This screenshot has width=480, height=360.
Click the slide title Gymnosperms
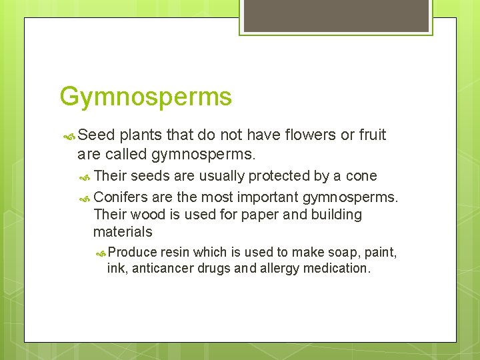145,97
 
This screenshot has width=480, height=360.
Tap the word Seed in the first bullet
97,135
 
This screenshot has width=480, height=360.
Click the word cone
361,176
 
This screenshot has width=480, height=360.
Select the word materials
123,232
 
